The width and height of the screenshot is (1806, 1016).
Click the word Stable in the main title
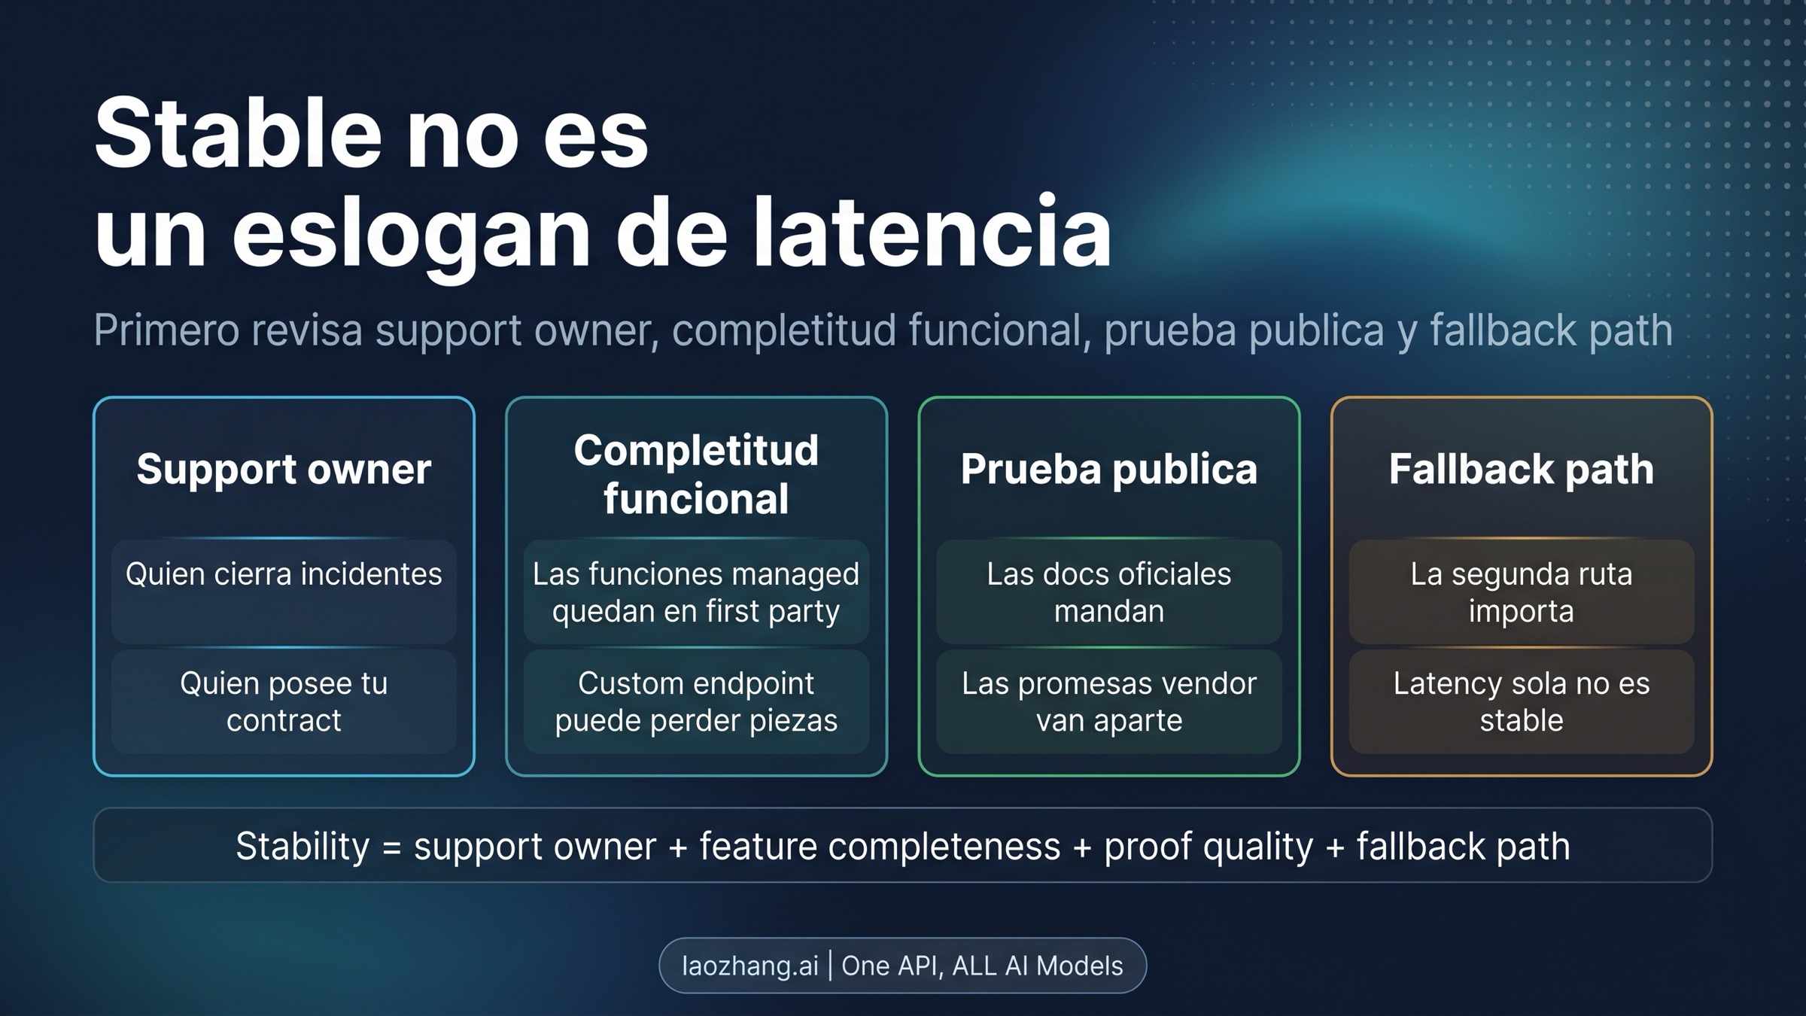[x=238, y=134]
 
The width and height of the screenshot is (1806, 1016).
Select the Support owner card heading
[x=284, y=469]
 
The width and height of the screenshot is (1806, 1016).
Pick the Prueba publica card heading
[x=1108, y=469]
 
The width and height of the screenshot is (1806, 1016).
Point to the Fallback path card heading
[x=1521, y=469]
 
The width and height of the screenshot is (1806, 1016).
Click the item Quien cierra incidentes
[x=284, y=574]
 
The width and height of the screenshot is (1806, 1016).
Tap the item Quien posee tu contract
[x=284, y=701]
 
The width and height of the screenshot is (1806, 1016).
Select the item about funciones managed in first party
[x=696, y=592]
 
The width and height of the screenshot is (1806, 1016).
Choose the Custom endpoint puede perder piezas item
[x=696, y=701]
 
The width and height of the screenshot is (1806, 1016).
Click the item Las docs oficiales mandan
[x=1108, y=592]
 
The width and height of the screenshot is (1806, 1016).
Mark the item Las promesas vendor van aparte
[x=1108, y=701]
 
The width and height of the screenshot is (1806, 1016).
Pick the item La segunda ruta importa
[x=1521, y=592]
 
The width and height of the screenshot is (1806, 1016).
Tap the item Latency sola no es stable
[x=1521, y=701]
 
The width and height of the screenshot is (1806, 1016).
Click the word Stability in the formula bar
[x=303, y=847]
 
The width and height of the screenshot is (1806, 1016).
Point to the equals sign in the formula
[x=392, y=847]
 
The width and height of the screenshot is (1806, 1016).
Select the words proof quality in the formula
[x=1209, y=847]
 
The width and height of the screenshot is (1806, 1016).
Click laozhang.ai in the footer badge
[x=749, y=966]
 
